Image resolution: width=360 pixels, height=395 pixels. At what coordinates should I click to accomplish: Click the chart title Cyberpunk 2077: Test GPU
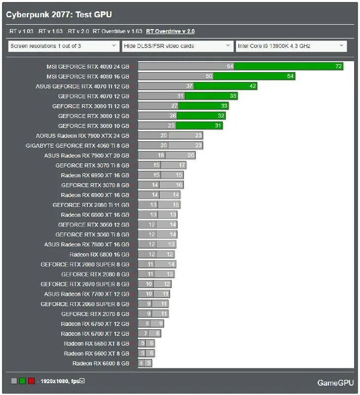click(x=59, y=15)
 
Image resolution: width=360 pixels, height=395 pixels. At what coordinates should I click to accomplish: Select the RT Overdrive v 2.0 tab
click(x=170, y=31)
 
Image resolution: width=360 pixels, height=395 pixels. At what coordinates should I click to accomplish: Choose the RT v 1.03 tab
click(x=21, y=31)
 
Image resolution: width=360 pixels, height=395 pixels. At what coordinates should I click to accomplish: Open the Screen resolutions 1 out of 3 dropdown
click(x=63, y=46)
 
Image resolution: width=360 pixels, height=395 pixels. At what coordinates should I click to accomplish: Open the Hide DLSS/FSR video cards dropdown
click(x=177, y=46)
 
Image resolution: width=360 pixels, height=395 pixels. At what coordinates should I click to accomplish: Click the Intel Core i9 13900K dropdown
click(x=291, y=46)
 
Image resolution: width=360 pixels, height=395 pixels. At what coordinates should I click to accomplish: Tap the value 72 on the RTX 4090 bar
click(x=338, y=66)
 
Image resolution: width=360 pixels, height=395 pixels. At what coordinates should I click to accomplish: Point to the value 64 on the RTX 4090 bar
click(x=230, y=66)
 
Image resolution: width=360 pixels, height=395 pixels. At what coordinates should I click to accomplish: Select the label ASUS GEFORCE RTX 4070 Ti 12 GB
click(x=82, y=86)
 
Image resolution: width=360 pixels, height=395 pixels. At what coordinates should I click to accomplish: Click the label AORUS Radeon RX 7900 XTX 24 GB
click(x=82, y=135)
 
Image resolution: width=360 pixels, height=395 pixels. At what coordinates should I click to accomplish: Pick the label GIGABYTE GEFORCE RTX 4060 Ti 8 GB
click(x=78, y=145)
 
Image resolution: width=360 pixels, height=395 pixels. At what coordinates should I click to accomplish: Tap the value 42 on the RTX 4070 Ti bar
click(x=253, y=86)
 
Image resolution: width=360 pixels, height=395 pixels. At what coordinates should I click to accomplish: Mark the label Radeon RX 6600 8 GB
click(x=101, y=363)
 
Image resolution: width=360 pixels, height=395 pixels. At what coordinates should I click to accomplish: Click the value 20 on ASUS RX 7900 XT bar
click(x=191, y=155)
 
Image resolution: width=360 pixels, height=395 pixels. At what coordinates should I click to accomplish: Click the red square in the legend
click(x=31, y=381)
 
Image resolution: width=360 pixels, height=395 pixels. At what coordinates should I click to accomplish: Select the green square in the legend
click(x=22, y=381)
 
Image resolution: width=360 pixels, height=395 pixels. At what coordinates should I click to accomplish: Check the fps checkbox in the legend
click(x=82, y=381)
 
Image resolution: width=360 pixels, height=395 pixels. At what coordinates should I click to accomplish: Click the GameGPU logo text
click(x=335, y=383)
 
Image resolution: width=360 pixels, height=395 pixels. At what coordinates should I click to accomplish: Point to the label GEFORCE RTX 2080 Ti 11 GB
click(x=91, y=205)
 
